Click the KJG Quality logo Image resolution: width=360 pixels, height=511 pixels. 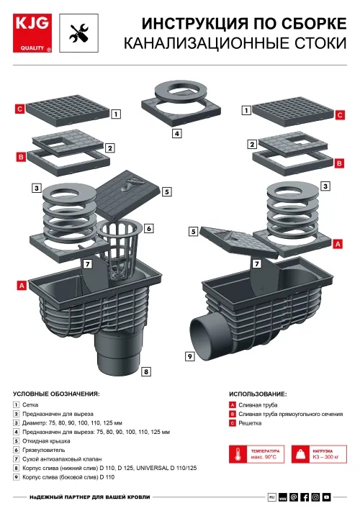32,33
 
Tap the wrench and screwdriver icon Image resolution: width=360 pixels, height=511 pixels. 78,33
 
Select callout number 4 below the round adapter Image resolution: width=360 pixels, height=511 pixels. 176,133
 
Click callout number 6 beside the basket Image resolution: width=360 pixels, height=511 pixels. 149,228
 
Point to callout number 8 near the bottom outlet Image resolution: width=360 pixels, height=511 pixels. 146,371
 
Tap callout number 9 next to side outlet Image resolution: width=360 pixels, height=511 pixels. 190,356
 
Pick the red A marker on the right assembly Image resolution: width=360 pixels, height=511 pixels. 338,244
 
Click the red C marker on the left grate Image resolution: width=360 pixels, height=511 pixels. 20,109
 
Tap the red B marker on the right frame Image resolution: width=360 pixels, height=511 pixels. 339,163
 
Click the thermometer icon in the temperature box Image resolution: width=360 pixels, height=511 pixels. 238,454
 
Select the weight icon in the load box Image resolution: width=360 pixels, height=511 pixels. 301,454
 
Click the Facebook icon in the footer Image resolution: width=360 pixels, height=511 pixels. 305,497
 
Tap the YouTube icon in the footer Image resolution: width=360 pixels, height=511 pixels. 326,497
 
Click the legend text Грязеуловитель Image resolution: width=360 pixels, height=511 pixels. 44,450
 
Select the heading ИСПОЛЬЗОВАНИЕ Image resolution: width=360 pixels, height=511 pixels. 258,394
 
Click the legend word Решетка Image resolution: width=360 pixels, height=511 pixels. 250,423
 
